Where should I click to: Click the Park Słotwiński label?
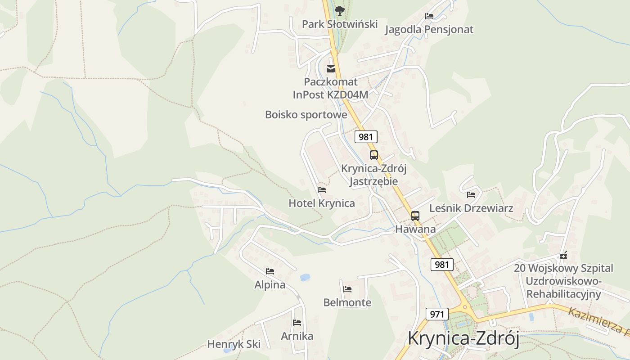[339, 24]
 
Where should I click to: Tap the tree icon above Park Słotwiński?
[339, 10]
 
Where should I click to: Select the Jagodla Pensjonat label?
[429, 30]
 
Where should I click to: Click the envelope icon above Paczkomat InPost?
[331, 69]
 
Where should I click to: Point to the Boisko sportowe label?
[306, 115]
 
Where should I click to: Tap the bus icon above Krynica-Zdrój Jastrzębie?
[374, 155]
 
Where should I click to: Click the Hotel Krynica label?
[322, 203]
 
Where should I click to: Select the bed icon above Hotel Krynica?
[322, 190]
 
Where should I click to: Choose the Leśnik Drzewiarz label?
[471, 208]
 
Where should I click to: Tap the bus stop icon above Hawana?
[415, 216]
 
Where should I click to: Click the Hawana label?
[415, 229]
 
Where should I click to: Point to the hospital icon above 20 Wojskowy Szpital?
[563, 256]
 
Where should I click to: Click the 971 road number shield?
[437, 314]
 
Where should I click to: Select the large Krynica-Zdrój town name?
[463, 338]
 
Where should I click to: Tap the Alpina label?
[270, 285]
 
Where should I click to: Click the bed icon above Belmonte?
[347, 289]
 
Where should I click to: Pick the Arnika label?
[297, 336]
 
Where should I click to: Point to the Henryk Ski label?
[234, 345]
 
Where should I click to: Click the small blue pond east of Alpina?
[305, 277]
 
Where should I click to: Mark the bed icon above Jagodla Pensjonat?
[429, 16]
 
